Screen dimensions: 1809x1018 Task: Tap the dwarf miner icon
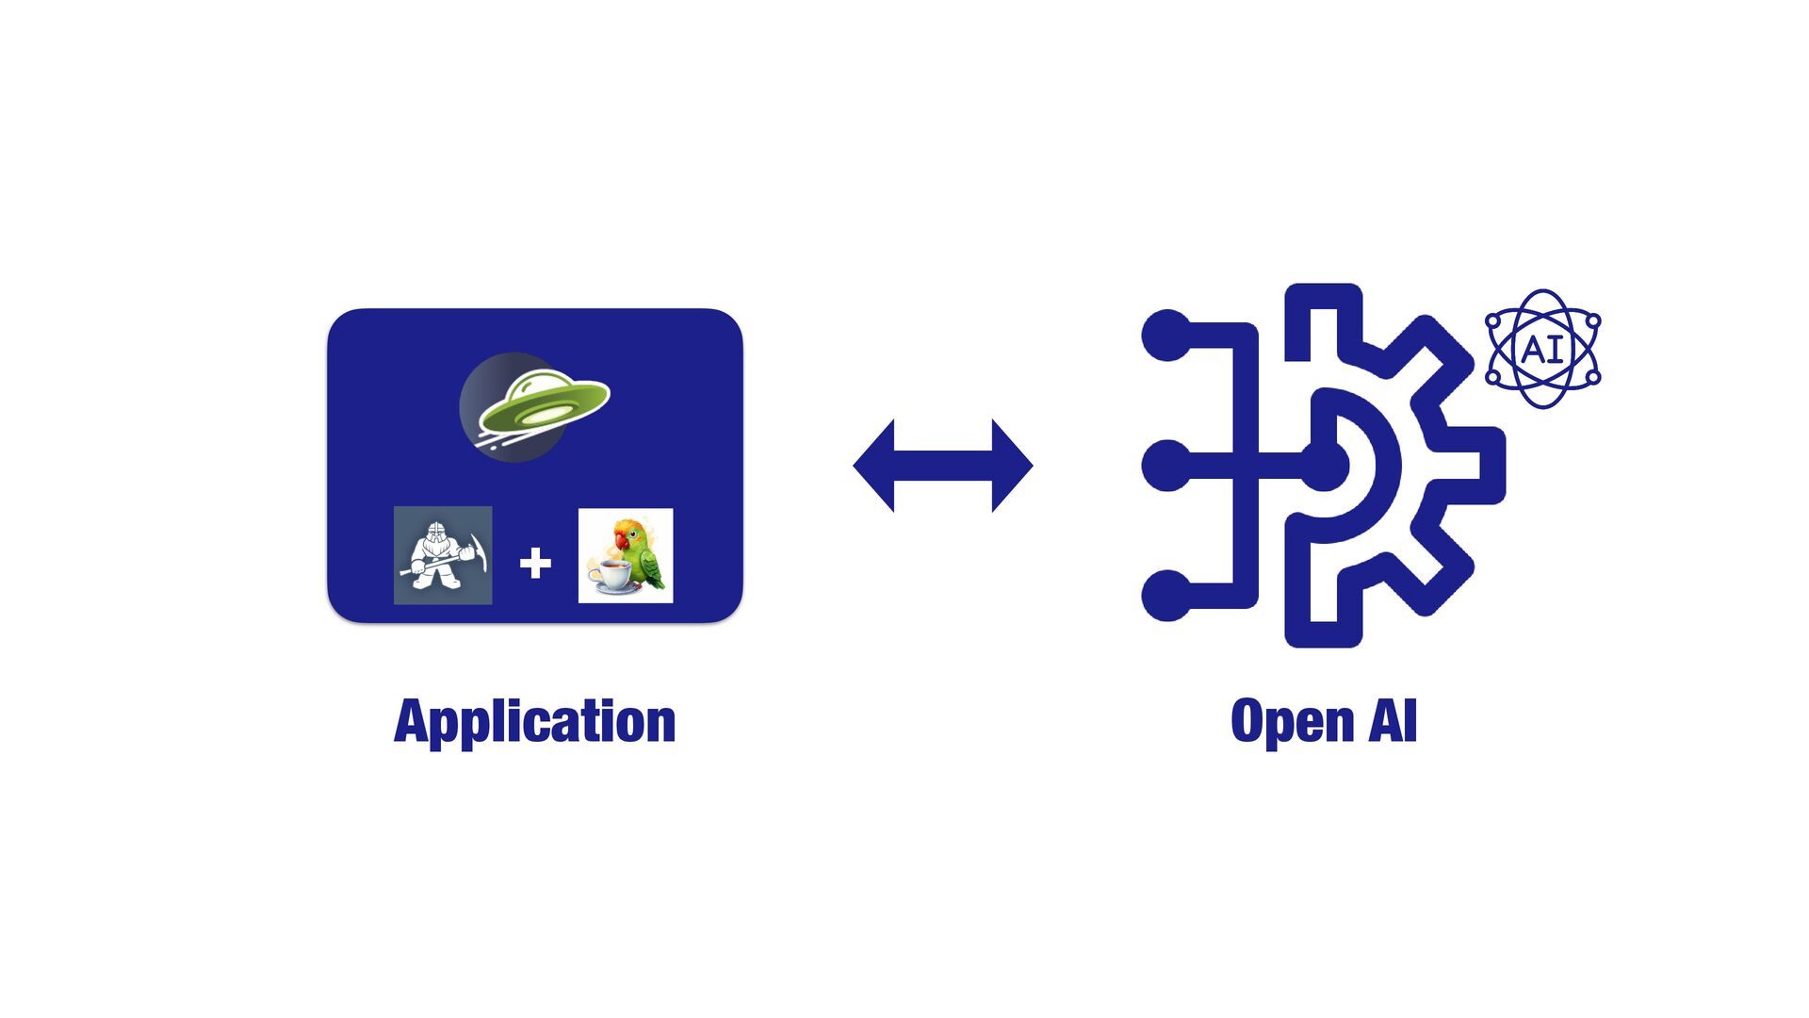click(442, 555)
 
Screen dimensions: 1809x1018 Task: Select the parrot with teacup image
click(626, 555)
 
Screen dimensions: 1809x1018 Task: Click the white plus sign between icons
click(535, 563)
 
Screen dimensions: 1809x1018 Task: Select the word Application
click(534, 722)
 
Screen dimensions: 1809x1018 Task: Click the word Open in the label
click(1292, 722)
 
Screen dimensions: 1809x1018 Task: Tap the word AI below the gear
click(1393, 721)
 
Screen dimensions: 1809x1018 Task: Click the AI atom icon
click(1542, 349)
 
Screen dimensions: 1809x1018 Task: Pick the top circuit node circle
click(1167, 335)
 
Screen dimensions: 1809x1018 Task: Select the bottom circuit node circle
click(1167, 596)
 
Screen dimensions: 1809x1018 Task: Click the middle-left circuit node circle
click(1167, 465)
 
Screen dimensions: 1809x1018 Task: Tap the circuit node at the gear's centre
click(1324, 466)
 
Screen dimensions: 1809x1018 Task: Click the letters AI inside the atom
click(1542, 350)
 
